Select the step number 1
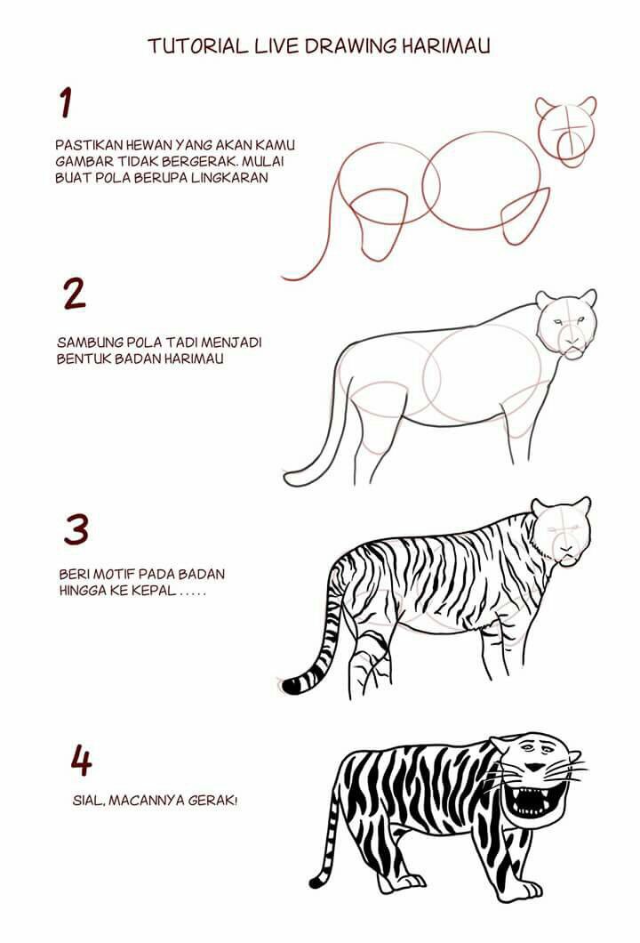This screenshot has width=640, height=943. tap(65, 102)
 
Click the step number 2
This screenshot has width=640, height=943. tap(75, 294)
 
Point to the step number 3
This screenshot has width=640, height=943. tap(76, 529)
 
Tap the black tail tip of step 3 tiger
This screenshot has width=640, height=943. tap(291, 685)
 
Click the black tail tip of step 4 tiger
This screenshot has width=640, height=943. tap(316, 883)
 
